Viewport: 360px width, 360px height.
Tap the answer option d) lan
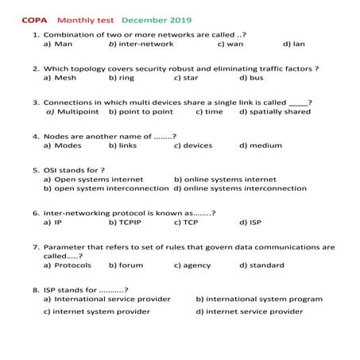pyautogui.click(x=293, y=45)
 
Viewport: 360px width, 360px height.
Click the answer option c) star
pyautogui.click(x=187, y=79)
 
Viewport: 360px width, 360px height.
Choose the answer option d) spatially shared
pyautogui.click(x=275, y=112)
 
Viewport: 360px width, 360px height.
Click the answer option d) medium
pyautogui.click(x=260, y=145)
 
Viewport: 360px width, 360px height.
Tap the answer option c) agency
pyautogui.click(x=192, y=265)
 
